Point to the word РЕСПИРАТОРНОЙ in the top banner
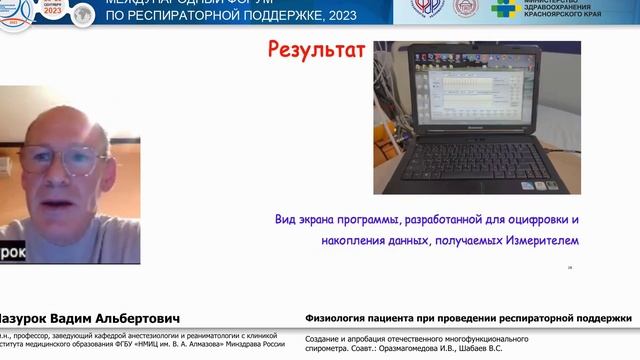pyautogui.click(x=197, y=17)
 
